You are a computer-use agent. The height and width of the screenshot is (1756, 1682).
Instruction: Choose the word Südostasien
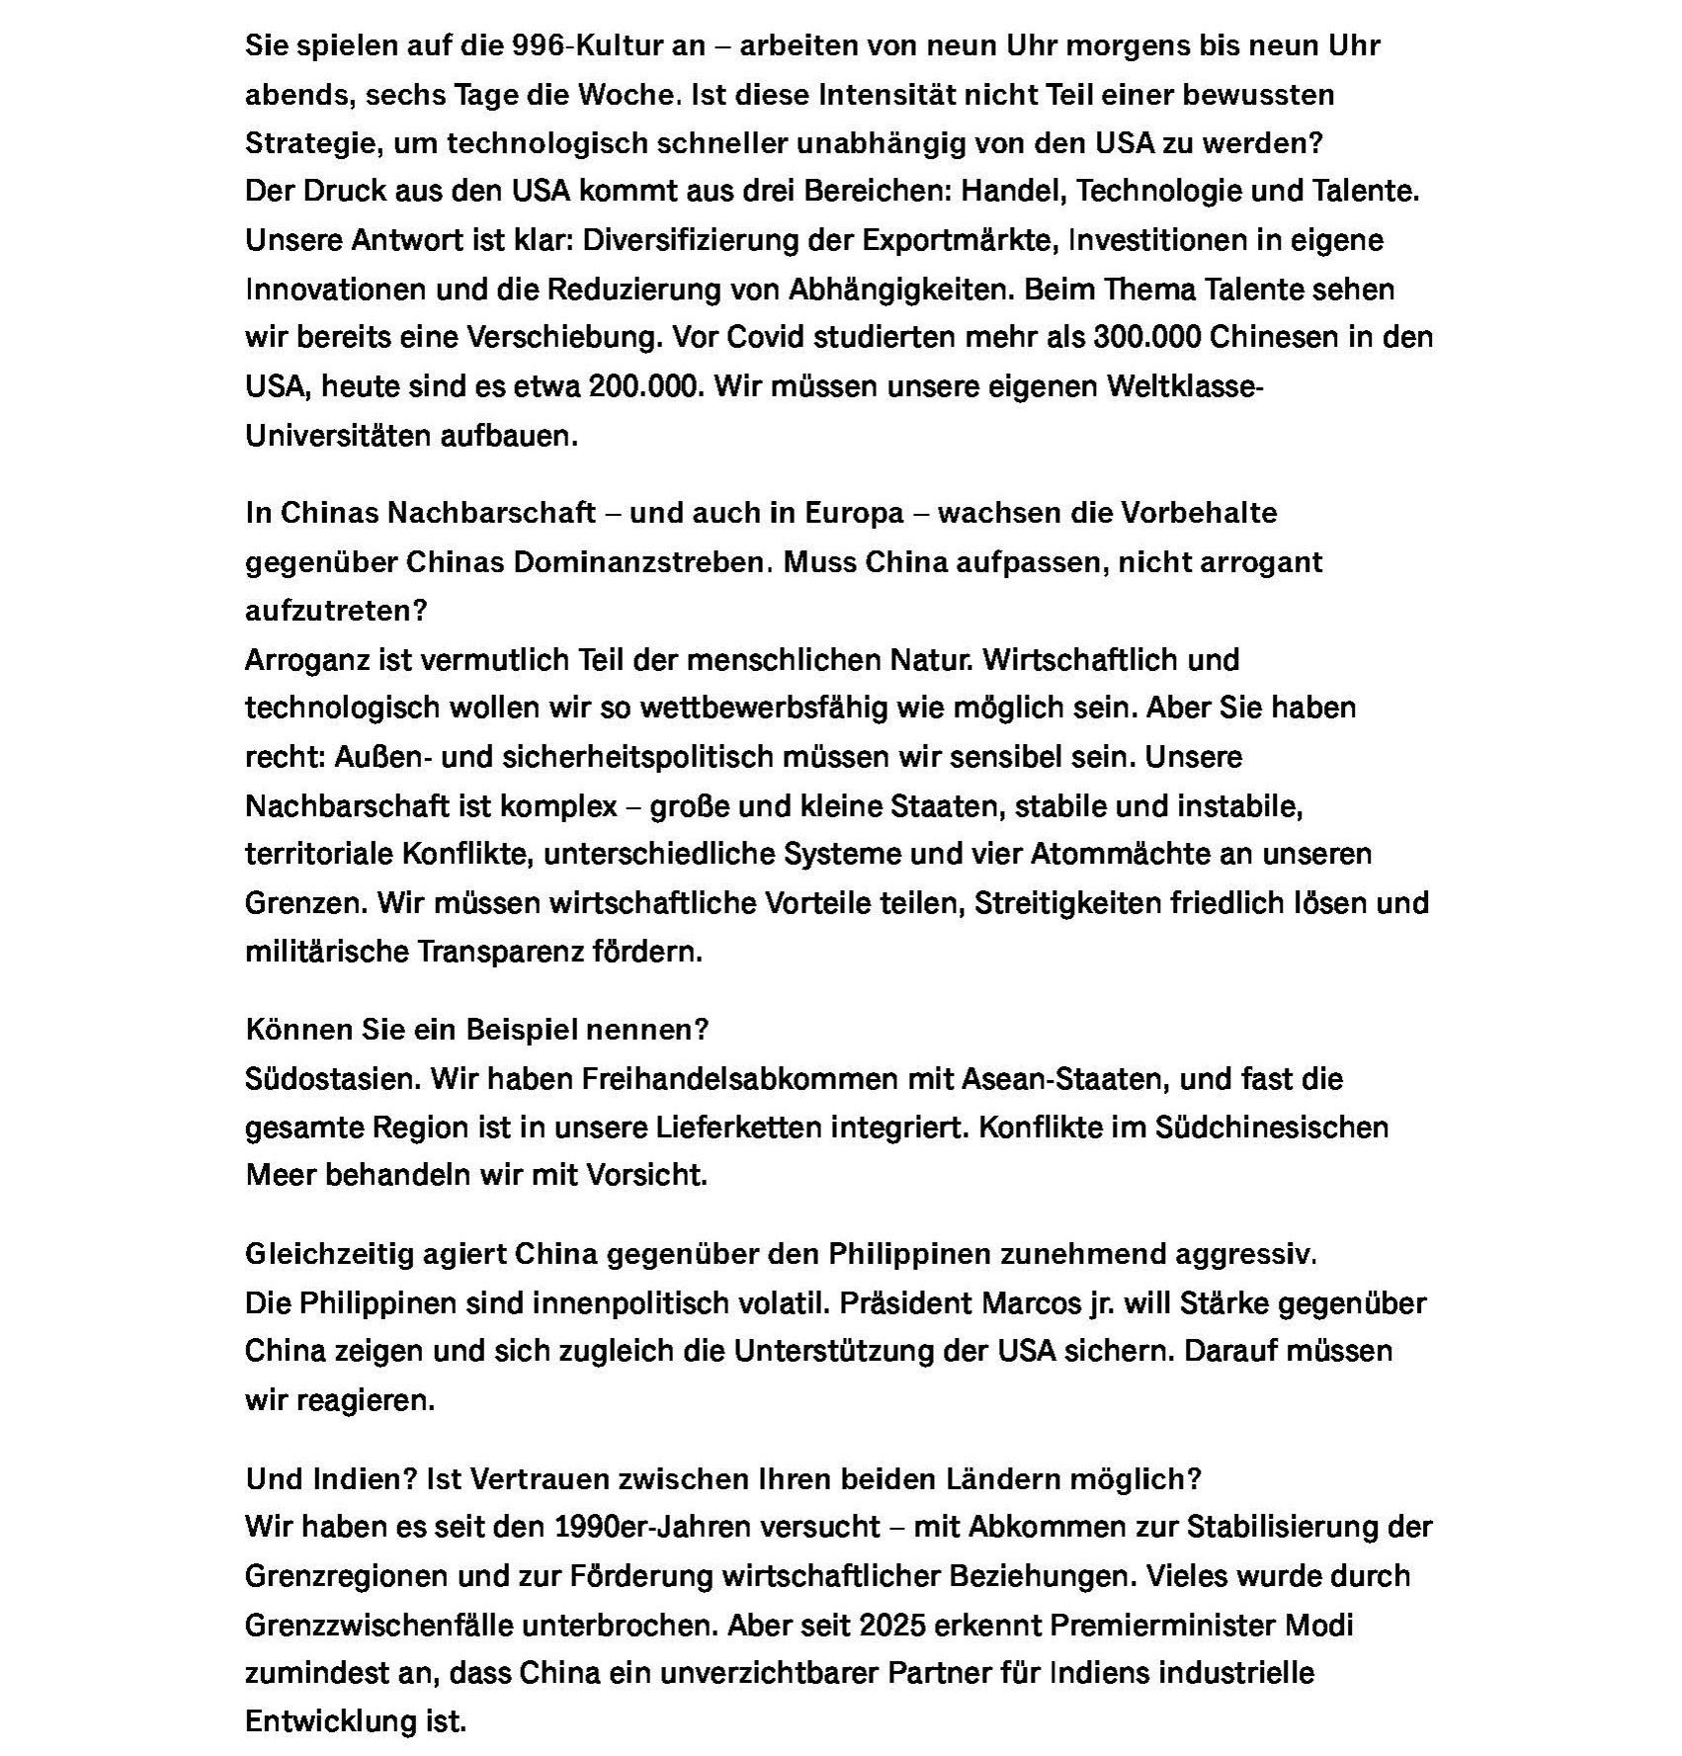pos(333,1079)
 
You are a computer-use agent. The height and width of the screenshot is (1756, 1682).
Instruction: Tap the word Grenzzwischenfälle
pos(378,1626)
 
